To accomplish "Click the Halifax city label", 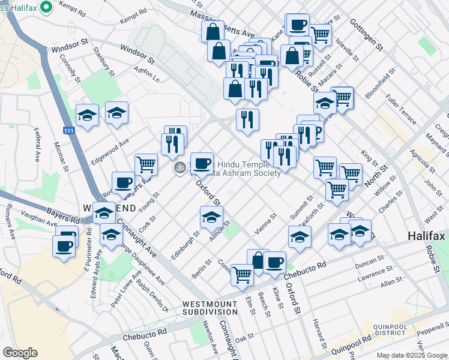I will (x=427, y=236).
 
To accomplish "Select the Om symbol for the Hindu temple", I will (x=178, y=169).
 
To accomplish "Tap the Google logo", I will (x=20, y=353).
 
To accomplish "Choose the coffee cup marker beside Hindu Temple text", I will (x=202, y=163).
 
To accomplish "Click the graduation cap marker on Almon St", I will (x=211, y=217).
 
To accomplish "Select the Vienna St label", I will (x=265, y=224).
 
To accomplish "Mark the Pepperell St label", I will (x=433, y=329).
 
